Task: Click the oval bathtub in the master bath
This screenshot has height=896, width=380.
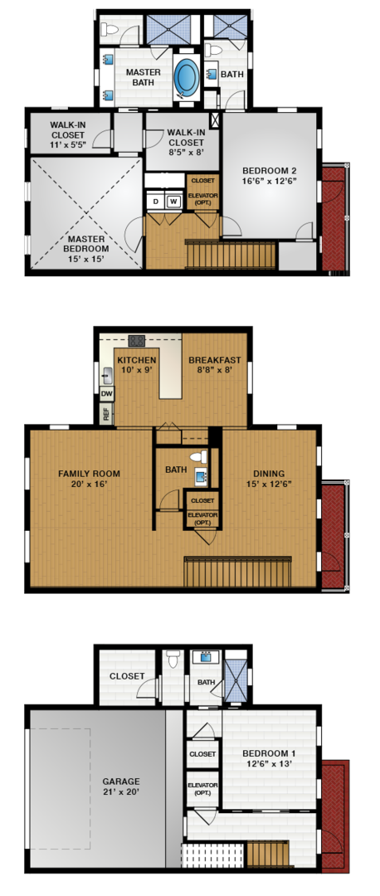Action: [186, 76]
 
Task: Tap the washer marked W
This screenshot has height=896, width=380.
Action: [173, 202]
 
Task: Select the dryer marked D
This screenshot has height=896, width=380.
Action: [155, 202]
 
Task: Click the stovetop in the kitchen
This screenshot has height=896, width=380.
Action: [137, 341]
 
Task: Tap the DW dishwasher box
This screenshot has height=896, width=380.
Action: [107, 393]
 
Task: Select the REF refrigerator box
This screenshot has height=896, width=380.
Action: [107, 413]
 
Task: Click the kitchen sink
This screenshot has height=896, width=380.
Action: [106, 375]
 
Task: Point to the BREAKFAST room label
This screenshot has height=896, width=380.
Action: [215, 360]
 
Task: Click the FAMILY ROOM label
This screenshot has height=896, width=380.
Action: [89, 473]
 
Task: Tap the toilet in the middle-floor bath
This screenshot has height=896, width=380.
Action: [198, 457]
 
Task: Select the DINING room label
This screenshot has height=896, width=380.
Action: [269, 473]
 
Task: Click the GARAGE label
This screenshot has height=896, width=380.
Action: [120, 782]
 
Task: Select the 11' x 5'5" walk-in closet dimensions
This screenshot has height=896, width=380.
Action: [68, 144]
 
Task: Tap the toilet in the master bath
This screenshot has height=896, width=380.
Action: [110, 28]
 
